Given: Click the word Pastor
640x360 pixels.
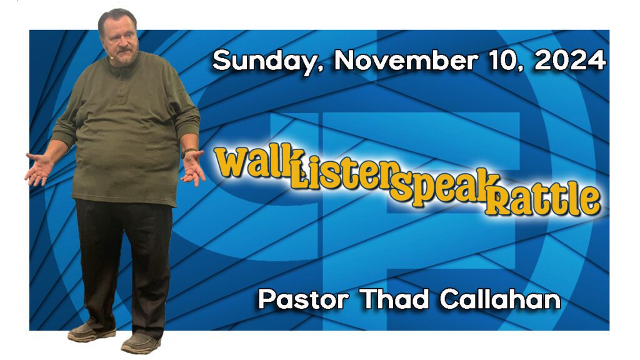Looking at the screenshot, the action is click(x=303, y=299).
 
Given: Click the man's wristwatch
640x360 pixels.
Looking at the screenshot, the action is click(x=187, y=152).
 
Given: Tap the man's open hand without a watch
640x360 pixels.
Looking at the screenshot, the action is click(x=39, y=169).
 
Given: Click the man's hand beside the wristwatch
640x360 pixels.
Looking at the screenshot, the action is click(x=193, y=167).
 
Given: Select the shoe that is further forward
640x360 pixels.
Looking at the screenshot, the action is click(x=141, y=344).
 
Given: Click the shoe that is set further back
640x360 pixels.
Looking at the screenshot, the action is click(x=91, y=332).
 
